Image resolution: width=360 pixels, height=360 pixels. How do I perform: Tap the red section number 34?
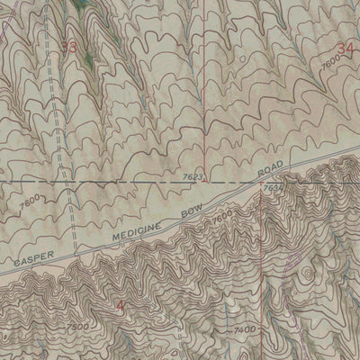(346, 45)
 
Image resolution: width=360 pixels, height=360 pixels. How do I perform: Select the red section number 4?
(123, 309)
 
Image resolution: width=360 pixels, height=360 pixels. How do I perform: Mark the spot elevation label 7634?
(273, 187)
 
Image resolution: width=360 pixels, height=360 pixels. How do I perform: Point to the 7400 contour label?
(245, 332)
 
